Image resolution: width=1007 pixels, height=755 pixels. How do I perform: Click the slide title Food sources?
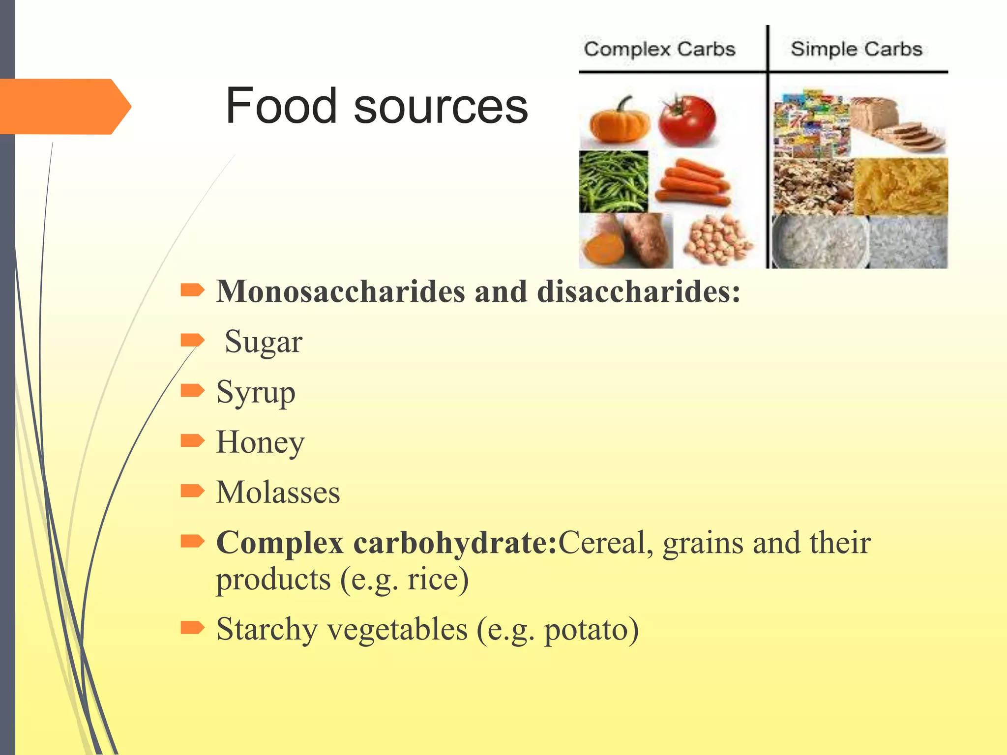(x=377, y=106)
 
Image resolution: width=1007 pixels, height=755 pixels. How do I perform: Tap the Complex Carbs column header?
(x=659, y=49)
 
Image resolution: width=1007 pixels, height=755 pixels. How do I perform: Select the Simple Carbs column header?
(x=856, y=49)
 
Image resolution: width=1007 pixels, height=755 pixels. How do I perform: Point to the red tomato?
(x=687, y=121)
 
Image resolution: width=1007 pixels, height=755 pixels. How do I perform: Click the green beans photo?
(x=614, y=181)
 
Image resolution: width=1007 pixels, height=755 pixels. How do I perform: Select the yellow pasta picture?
(x=901, y=186)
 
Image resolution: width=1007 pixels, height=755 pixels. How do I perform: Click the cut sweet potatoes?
(x=625, y=241)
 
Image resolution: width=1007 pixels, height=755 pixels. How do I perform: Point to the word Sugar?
(x=264, y=342)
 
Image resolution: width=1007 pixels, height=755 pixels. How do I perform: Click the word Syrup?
(x=256, y=392)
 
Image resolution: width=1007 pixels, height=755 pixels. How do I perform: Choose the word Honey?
(x=260, y=442)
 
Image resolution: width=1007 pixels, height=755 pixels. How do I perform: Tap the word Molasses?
(x=278, y=493)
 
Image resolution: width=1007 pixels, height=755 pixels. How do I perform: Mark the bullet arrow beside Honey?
(x=192, y=440)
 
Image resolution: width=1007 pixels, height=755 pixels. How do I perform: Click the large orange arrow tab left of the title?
(x=64, y=106)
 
